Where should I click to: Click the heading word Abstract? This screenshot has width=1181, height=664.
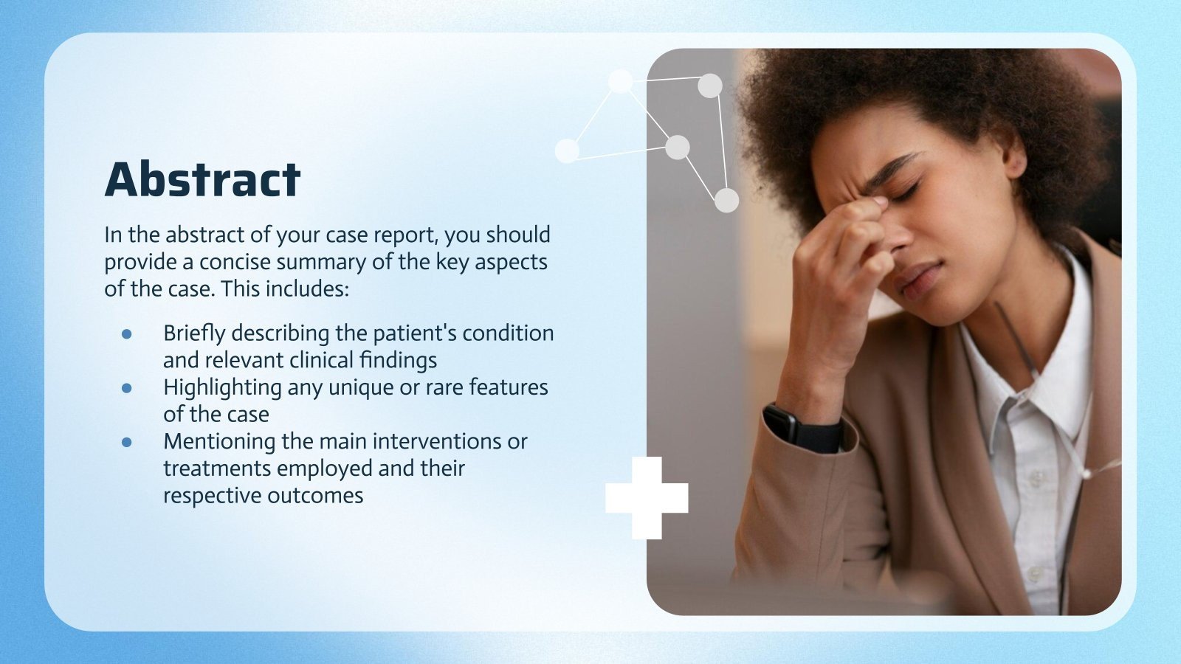(202, 179)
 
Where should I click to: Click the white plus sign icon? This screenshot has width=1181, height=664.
(647, 498)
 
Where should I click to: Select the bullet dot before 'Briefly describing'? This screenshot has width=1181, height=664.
(127, 333)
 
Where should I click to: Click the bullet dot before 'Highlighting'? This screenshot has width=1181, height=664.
(127, 387)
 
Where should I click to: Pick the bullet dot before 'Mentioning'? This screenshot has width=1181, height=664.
(127, 441)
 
